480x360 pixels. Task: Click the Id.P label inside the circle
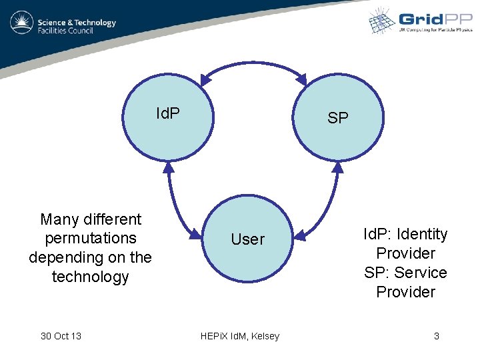[168, 114]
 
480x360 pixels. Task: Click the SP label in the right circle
[338, 118]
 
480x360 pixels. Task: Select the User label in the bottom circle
[247, 239]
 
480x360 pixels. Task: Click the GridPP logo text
[431, 19]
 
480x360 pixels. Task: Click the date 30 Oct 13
[61, 336]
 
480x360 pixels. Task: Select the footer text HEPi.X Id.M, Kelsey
[240, 336]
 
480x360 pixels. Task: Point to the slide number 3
[437, 336]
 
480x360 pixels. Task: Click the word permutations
[91, 239]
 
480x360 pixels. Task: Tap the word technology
[91, 277]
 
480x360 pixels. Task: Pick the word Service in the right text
[421, 273]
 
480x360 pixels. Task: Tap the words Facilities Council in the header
[67, 31]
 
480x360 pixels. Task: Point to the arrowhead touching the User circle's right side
[299, 235]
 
